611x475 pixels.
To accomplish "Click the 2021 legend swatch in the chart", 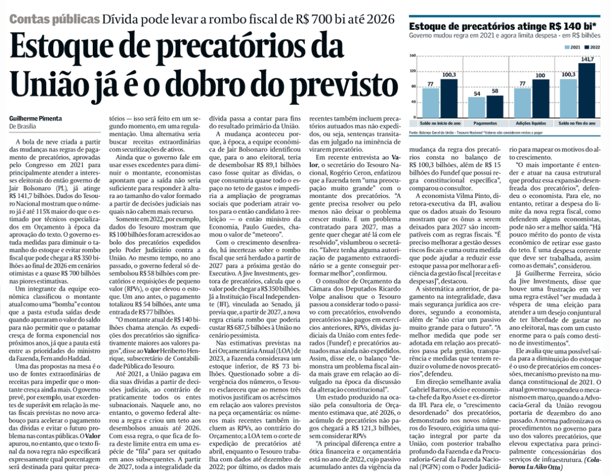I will (567, 47).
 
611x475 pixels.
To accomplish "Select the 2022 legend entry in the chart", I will (592, 47).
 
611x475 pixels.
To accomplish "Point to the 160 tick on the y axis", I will (412, 55).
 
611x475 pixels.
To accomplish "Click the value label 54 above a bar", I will (476, 93).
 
